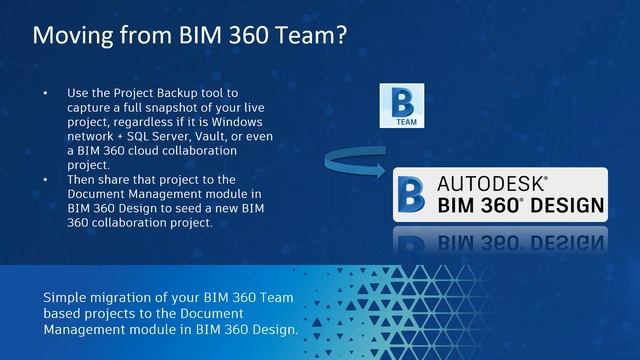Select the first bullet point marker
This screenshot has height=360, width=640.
(44, 94)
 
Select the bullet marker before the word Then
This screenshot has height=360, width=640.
(44, 179)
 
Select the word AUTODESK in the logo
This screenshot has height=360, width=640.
(490, 183)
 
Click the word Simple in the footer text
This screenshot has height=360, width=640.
(68, 298)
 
